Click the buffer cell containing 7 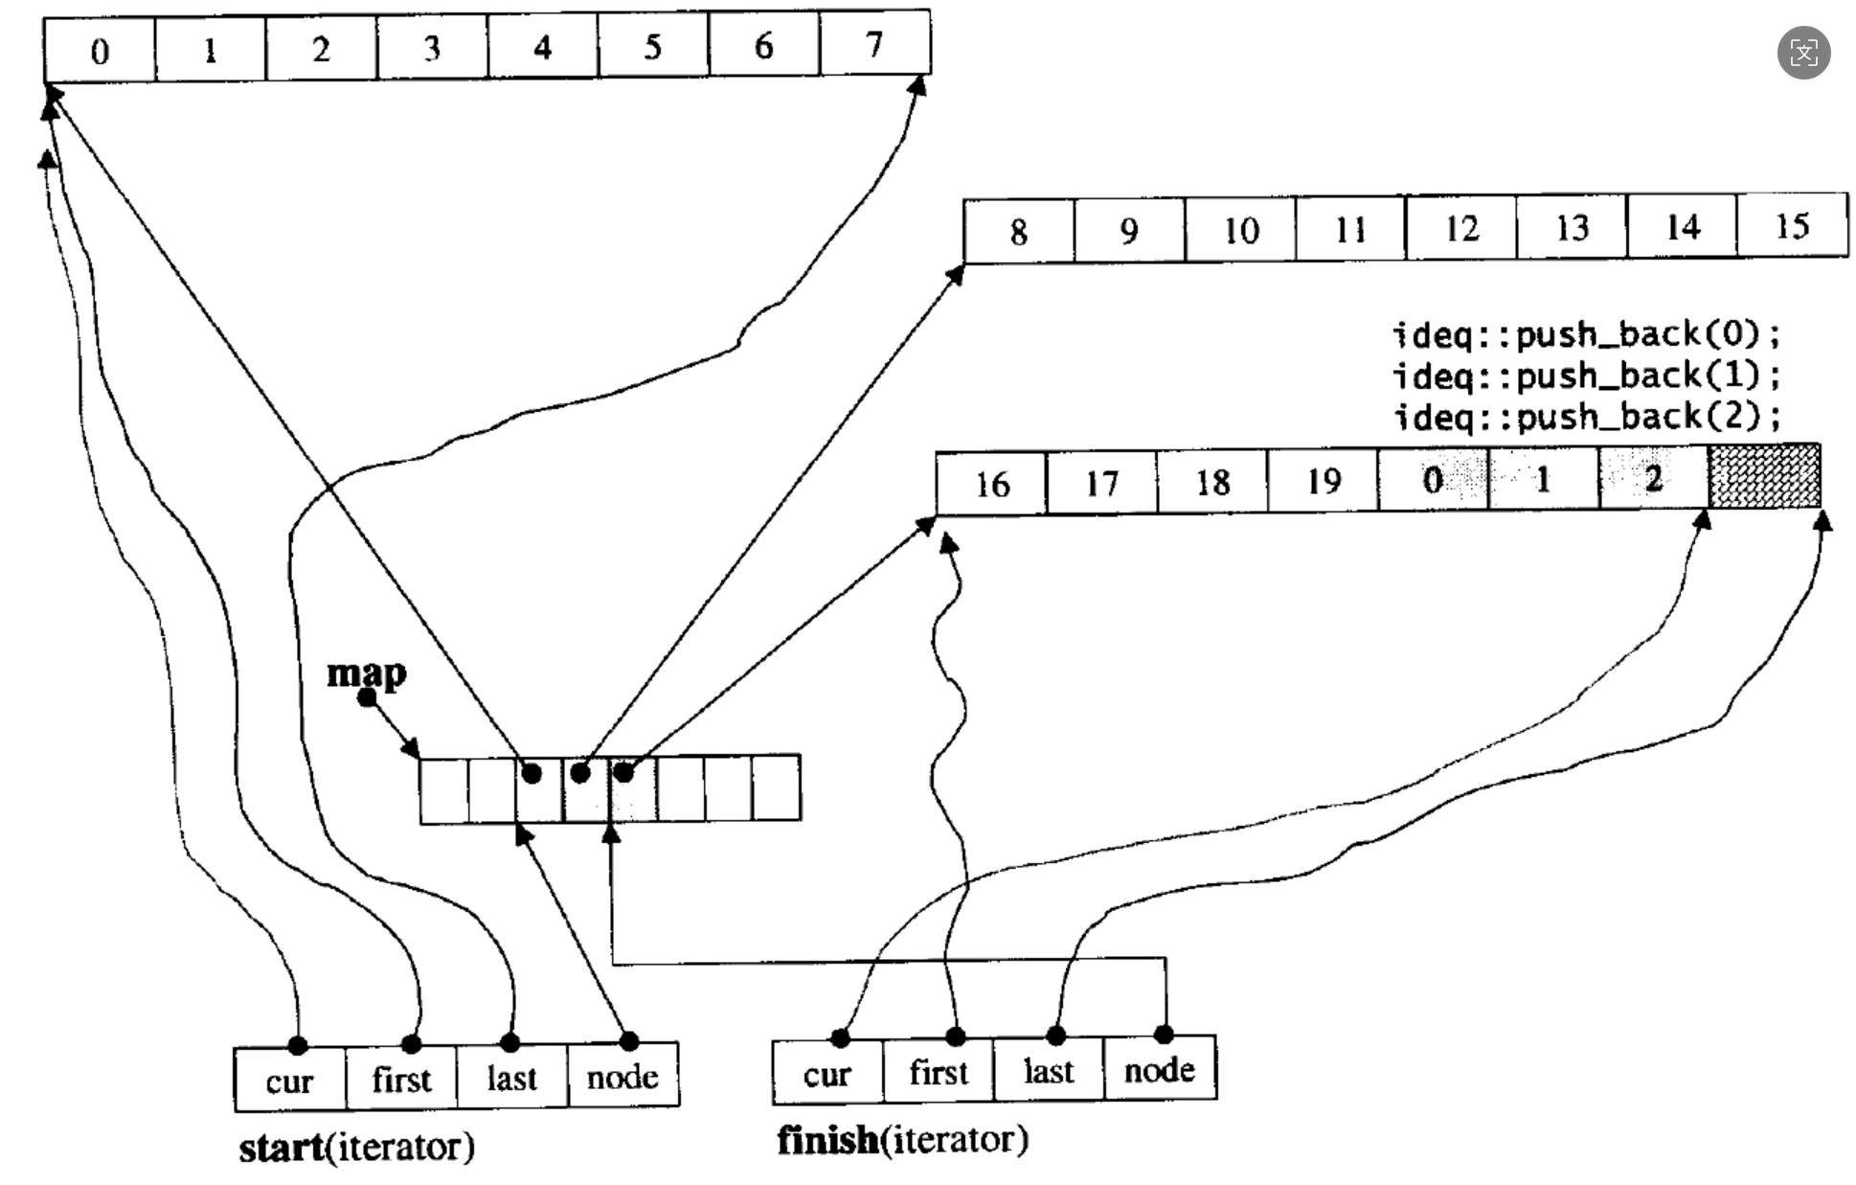pyautogui.click(x=874, y=44)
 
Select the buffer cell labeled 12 pyautogui.click(x=1461, y=228)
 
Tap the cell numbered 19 pyautogui.click(x=1324, y=481)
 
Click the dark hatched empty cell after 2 pyautogui.click(x=1764, y=476)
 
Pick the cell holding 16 pyautogui.click(x=992, y=484)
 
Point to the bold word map pyautogui.click(x=366, y=672)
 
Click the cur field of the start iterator pyautogui.click(x=289, y=1080)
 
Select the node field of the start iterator pyautogui.click(x=622, y=1077)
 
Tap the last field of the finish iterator pyautogui.click(x=1049, y=1070)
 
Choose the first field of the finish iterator pyautogui.click(x=939, y=1071)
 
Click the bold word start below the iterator pyautogui.click(x=281, y=1147)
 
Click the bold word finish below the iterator pyautogui.click(x=827, y=1140)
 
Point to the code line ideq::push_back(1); pyautogui.click(x=1586, y=375)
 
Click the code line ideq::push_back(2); pyautogui.click(x=1586, y=416)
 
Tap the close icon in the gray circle pyautogui.click(x=1803, y=53)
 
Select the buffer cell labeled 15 pyautogui.click(x=1792, y=226)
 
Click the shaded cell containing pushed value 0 pyautogui.click(x=1433, y=479)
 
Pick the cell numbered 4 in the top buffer pyautogui.click(x=542, y=47)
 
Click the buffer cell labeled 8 pyautogui.click(x=1018, y=231)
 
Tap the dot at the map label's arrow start pyautogui.click(x=367, y=697)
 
